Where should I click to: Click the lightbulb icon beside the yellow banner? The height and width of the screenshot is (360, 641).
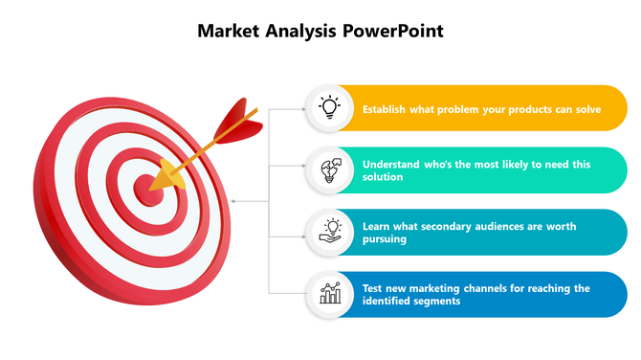coord(329,108)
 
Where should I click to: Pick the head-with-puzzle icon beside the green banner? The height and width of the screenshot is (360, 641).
coord(329,169)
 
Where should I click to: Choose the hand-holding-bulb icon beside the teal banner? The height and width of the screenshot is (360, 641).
coord(329,232)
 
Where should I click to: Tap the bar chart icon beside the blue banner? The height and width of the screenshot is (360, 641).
coord(329,293)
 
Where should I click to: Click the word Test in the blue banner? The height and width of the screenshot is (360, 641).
coord(373,288)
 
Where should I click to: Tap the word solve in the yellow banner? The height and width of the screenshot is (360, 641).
coord(586,109)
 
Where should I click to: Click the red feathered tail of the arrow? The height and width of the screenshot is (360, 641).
coord(234,123)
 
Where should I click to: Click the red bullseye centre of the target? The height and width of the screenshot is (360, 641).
coord(148,187)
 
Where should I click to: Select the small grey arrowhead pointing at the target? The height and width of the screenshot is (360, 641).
coord(235,201)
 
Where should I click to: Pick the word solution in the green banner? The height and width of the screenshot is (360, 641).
coord(382,177)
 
